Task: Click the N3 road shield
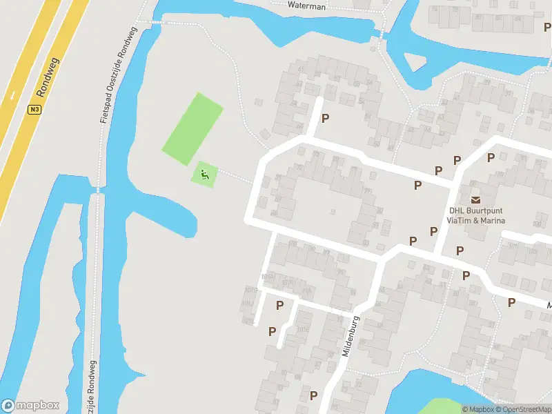point(34,109)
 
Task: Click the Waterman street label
point(306,5)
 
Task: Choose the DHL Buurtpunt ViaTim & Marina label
point(476,216)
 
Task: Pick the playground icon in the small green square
point(204,175)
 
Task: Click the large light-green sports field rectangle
point(193,128)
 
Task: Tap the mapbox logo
point(30,406)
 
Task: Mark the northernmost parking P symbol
point(326,118)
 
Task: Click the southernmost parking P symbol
point(314,395)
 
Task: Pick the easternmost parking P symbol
point(511,302)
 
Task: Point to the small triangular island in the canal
point(415,62)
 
